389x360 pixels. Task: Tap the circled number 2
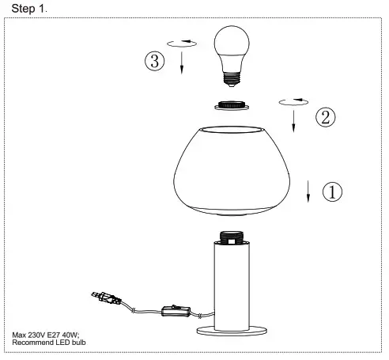(x=325, y=117)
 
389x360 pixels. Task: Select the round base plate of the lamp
(x=231, y=327)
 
